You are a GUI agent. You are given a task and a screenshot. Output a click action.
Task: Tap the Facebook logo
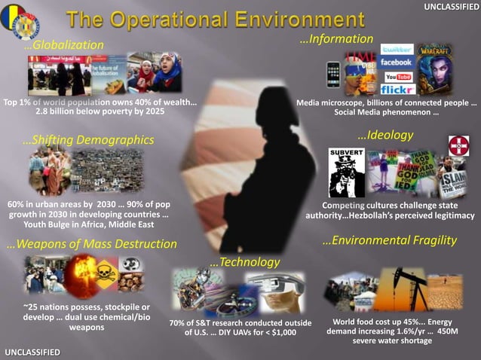point(397,63)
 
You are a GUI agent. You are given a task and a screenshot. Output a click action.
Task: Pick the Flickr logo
point(397,89)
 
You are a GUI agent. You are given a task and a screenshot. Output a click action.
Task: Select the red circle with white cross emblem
point(458,145)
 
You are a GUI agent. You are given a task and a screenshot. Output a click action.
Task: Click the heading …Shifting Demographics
point(88,140)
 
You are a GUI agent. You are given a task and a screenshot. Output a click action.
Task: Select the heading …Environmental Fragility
point(389,241)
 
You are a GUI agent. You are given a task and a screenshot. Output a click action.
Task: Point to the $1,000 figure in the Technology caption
point(282,332)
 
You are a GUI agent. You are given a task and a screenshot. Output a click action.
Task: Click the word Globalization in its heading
point(72,45)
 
